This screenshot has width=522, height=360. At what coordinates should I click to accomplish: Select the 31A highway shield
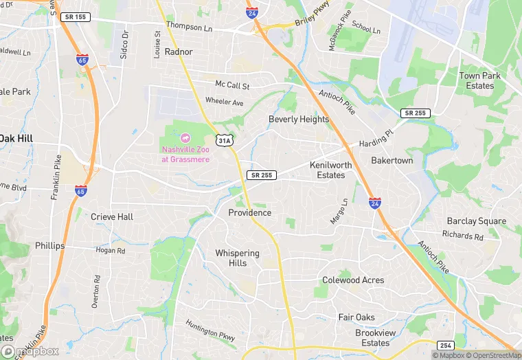(224, 140)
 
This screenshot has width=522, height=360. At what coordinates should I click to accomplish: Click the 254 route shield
(445, 344)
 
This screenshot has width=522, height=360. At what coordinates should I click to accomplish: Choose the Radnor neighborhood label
(179, 52)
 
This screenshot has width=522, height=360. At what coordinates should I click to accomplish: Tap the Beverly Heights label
(298, 119)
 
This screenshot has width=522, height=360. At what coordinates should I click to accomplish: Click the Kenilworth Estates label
(330, 170)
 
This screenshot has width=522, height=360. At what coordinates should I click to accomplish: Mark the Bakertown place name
(391, 160)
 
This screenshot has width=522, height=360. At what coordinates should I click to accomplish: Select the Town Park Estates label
(480, 80)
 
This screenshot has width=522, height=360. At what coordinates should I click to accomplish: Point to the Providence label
(249, 213)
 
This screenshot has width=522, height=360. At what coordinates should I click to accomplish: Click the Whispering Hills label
(237, 258)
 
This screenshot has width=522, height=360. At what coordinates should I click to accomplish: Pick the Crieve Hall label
(112, 216)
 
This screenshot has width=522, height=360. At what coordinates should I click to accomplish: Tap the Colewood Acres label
(353, 280)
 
